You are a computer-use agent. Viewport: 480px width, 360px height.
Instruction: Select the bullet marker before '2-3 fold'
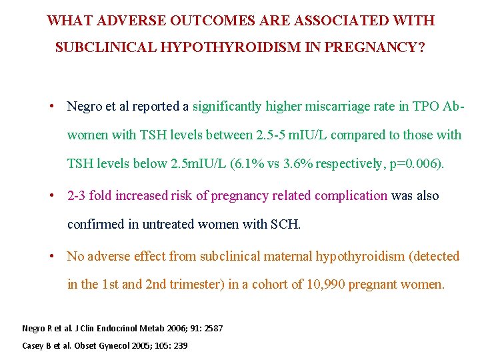click(51, 196)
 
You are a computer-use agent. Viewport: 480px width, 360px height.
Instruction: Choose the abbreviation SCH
click(285, 225)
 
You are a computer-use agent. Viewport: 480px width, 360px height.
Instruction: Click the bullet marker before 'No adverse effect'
click(51, 257)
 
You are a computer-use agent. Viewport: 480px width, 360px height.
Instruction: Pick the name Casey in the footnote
click(33, 345)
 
